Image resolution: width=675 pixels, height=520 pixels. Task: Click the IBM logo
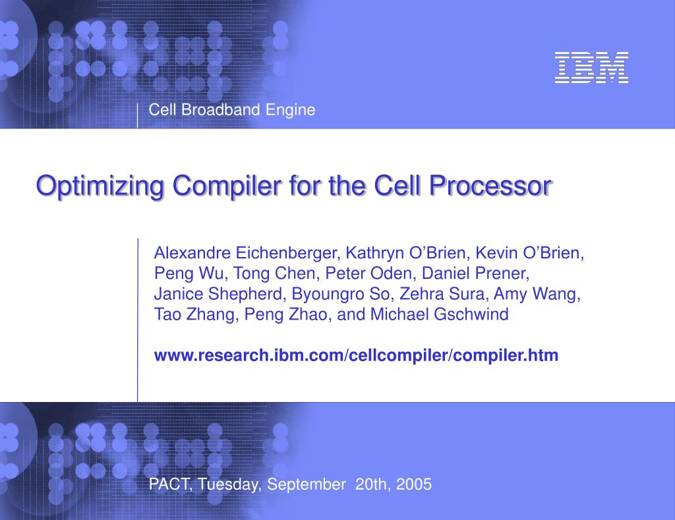click(591, 68)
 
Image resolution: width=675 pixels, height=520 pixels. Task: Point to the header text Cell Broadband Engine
click(232, 110)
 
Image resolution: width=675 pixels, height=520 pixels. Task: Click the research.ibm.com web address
click(356, 356)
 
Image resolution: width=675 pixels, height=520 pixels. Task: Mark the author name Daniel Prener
click(475, 274)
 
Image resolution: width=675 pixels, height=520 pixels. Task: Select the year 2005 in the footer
click(414, 485)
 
